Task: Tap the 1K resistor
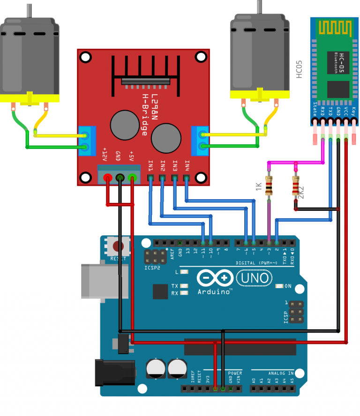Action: [x=269, y=186]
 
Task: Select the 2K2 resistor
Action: [x=296, y=186]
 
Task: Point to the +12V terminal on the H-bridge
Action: [x=107, y=178]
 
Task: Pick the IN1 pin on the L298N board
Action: [x=150, y=178]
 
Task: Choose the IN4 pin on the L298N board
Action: [x=187, y=178]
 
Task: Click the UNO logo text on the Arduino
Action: [x=255, y=278]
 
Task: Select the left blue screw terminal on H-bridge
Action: [x=85, y=141]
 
